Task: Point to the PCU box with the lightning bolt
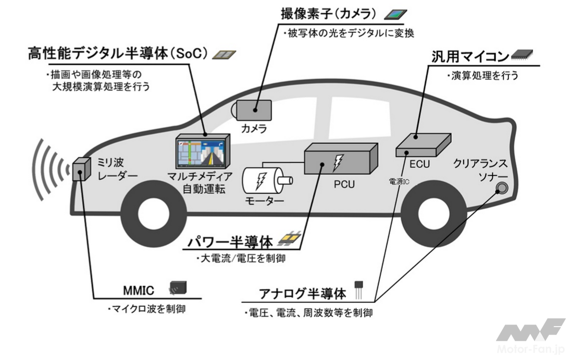point(339,159)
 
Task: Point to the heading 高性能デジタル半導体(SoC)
point(118,53)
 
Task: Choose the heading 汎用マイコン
point(469,56)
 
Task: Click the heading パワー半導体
point(232,242)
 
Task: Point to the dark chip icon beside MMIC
point(178,286)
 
